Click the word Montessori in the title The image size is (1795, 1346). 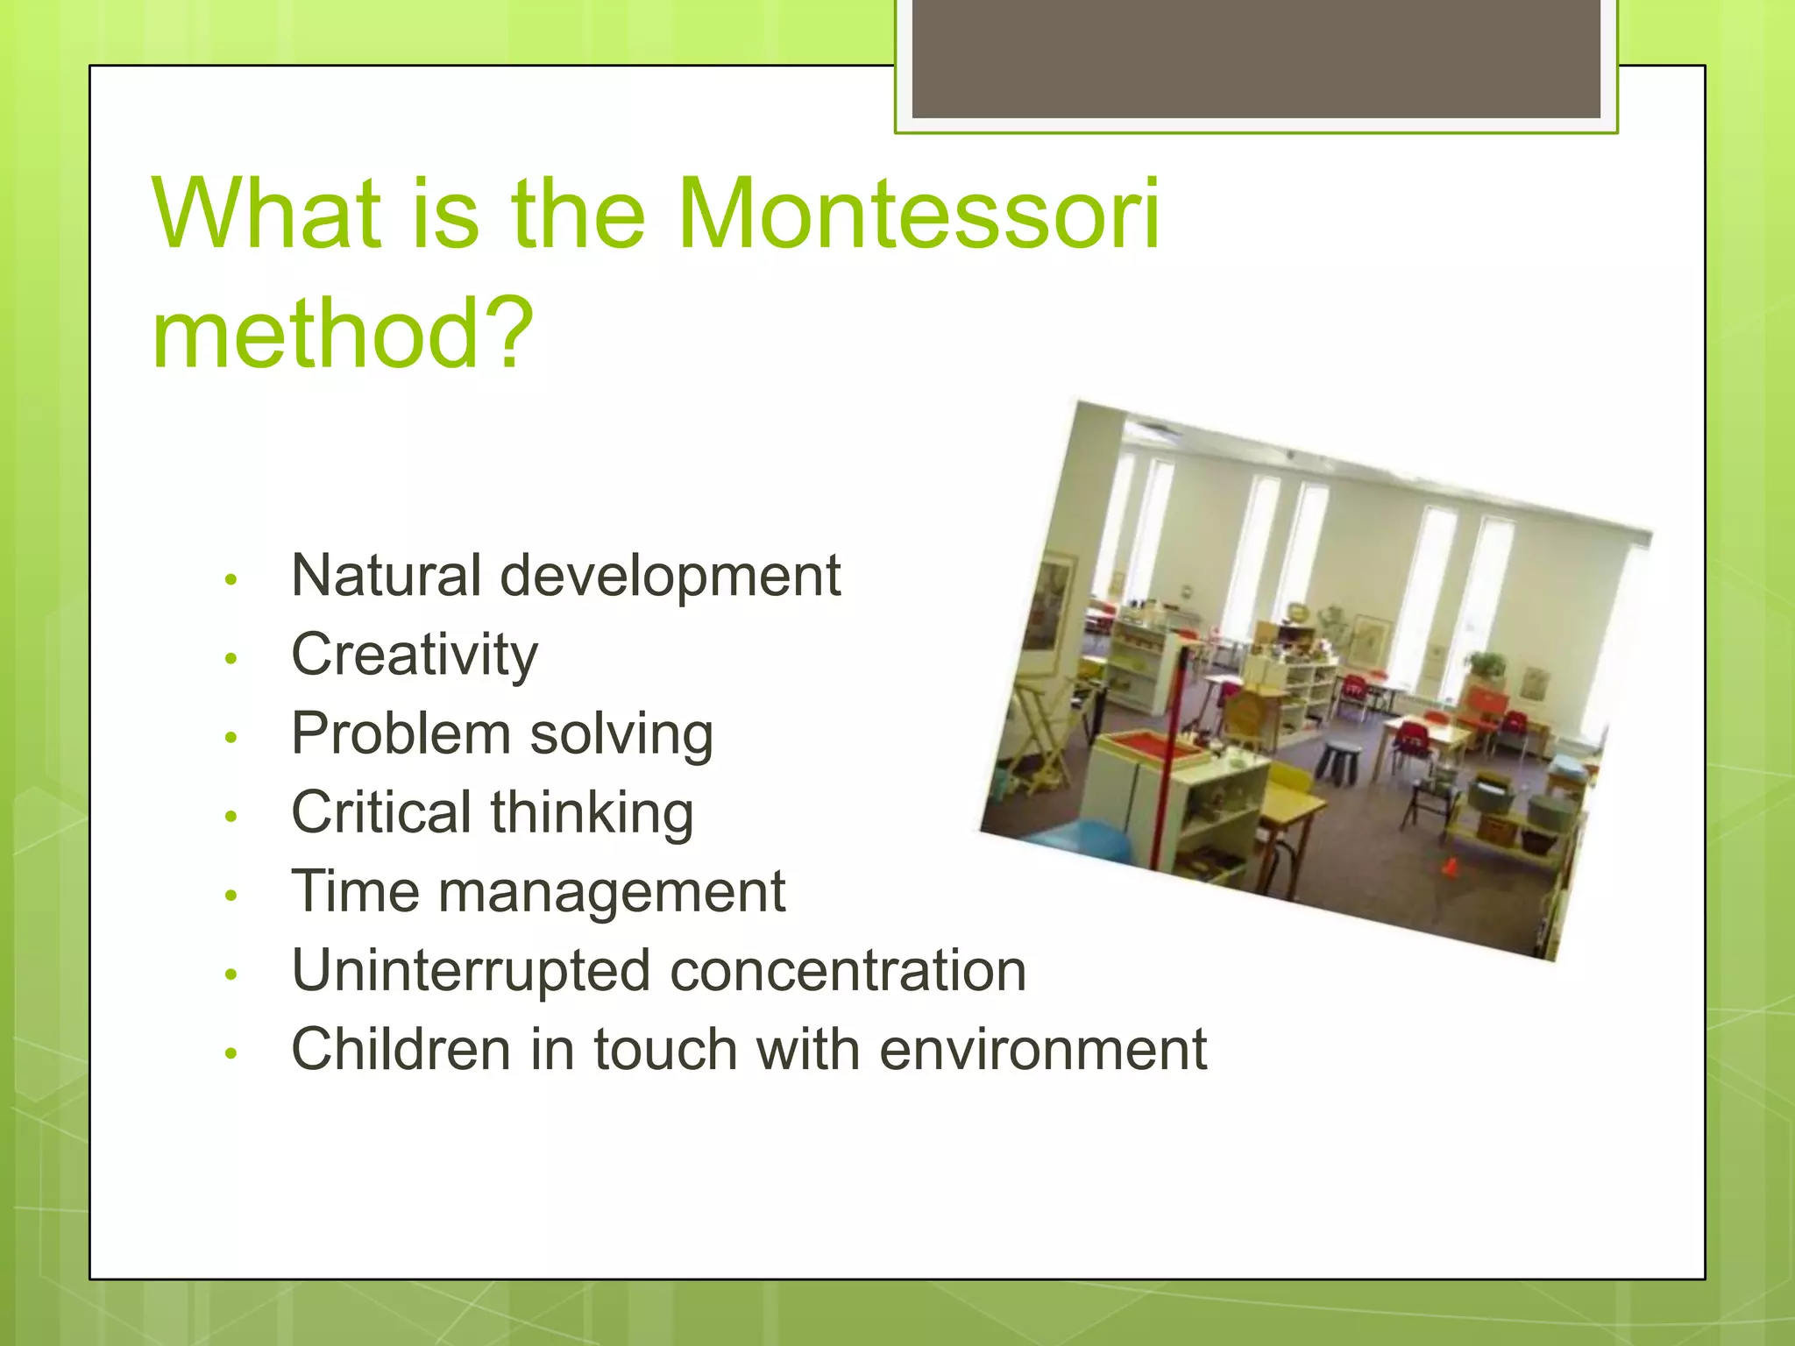919,214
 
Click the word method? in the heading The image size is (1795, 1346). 342,334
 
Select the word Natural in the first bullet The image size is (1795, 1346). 386,576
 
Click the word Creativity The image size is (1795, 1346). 414,655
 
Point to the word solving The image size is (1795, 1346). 621,734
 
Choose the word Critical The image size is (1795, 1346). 381,812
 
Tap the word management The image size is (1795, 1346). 611,892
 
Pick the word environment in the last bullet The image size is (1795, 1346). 1042,1050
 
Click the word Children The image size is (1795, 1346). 401,1050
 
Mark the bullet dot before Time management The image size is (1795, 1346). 231,895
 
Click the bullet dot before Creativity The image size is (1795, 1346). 231,658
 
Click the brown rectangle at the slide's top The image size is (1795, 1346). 1255,58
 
